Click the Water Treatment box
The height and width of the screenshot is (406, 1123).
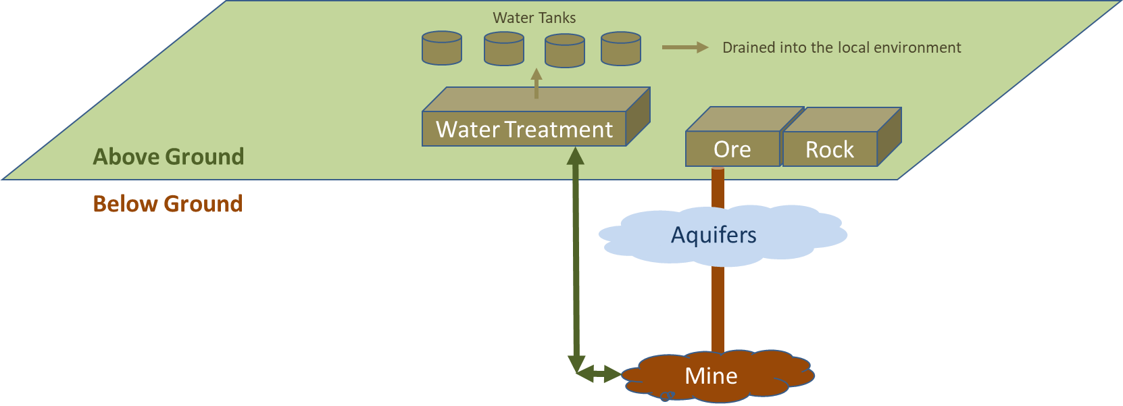pos(524,128)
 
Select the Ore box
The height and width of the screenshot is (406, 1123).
pos(732,149)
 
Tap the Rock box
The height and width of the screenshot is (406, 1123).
pos(830,149)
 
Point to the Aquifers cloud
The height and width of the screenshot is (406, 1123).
pos(714,234)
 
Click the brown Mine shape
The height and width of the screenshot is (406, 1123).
pos(712,376)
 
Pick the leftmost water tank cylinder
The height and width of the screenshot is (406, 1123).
pos(442,49)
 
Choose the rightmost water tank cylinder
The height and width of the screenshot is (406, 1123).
pos(621,49)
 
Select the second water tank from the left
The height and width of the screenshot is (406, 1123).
pos(504,49)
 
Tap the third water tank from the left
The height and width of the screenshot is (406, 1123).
pos(565,51)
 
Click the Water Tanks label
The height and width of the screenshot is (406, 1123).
pos(534,18)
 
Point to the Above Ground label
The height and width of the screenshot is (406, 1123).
pos(168,157)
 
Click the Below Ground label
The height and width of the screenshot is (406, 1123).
pos(168,204)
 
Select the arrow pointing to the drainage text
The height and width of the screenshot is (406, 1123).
pos(684,47)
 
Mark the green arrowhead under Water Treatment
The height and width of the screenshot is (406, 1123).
pos(575,156)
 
